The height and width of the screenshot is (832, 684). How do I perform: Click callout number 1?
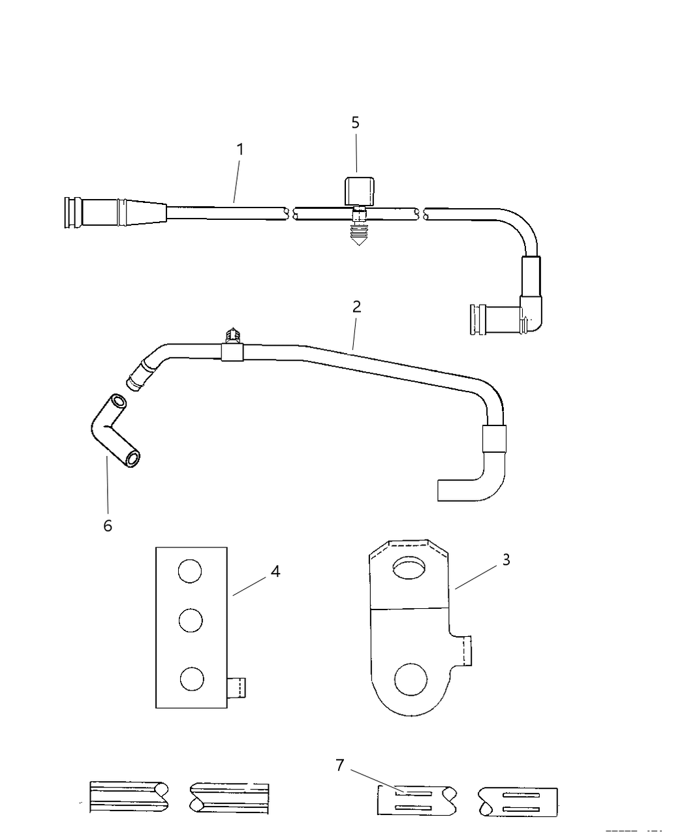240,149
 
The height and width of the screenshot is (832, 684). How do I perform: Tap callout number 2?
356,307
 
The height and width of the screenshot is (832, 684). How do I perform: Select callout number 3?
506,560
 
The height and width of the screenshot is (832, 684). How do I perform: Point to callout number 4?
275,572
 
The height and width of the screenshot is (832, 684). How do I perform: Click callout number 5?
356,123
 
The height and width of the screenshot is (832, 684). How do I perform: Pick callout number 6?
108,525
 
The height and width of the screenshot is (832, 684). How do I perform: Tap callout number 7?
339,765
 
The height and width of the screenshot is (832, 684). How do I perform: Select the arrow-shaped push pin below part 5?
357,234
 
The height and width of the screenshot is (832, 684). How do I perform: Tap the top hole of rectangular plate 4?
190,572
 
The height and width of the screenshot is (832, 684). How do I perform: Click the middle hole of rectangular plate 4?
190,620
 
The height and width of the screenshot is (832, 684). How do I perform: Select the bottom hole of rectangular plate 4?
191,679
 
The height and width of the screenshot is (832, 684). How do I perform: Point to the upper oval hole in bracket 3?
409,568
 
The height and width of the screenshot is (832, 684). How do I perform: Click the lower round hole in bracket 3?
411,679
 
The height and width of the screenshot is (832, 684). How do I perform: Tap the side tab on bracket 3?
463,651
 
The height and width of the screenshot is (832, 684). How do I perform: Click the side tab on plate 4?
238,688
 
